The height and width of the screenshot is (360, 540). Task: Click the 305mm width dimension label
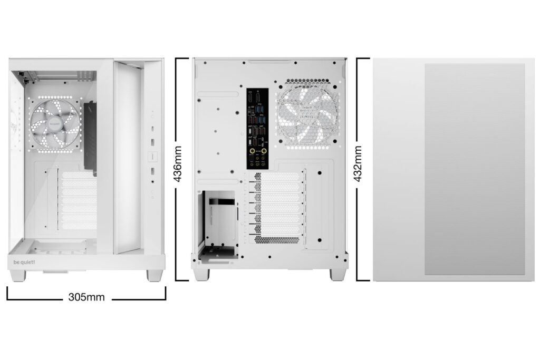pyautogui.click(x=86, y=297)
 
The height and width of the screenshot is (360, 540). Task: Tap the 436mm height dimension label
pyautogui.click(x=178, y=164)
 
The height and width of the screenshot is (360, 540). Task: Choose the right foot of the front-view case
pyautogui.click(x=155, y=275)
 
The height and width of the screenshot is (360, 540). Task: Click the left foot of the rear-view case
pyautogui.click(x=201, y=275)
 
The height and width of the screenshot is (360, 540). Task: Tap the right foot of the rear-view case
pyautogui.click(x=337, y=275)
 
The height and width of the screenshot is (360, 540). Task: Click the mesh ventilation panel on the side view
pyautogui.click(x=475, y=169)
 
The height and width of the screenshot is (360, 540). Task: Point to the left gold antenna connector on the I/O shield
pyautogui.click(x=252, y=150)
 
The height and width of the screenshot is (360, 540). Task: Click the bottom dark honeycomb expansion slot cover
pyautogui.click(x=277, y=240)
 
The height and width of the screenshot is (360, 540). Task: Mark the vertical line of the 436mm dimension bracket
pyautogui.click(x=187, y=169)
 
